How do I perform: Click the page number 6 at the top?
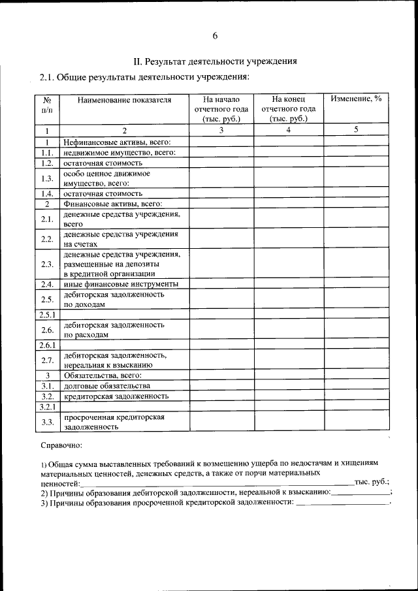(x=215, y=35)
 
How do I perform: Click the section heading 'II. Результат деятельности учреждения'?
(x=215, y=61)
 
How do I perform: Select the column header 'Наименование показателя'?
(x=124, y=100)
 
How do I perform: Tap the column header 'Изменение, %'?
(x=356, y=99)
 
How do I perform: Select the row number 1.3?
(x=46, y=178)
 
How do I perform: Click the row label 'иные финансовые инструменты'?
(x=120, y=284)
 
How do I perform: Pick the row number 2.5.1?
(x=48, y=315)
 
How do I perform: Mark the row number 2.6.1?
(x=48, y=345)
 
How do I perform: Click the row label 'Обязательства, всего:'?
(x=102, y=375)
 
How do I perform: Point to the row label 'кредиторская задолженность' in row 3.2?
(x=116, y=396)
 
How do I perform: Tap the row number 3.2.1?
(x=48, y=406)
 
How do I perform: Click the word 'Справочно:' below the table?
(x=61, y=445)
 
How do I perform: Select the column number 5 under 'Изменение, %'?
(x=356, y=130)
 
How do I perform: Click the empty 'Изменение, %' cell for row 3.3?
(x=356, y=421)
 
